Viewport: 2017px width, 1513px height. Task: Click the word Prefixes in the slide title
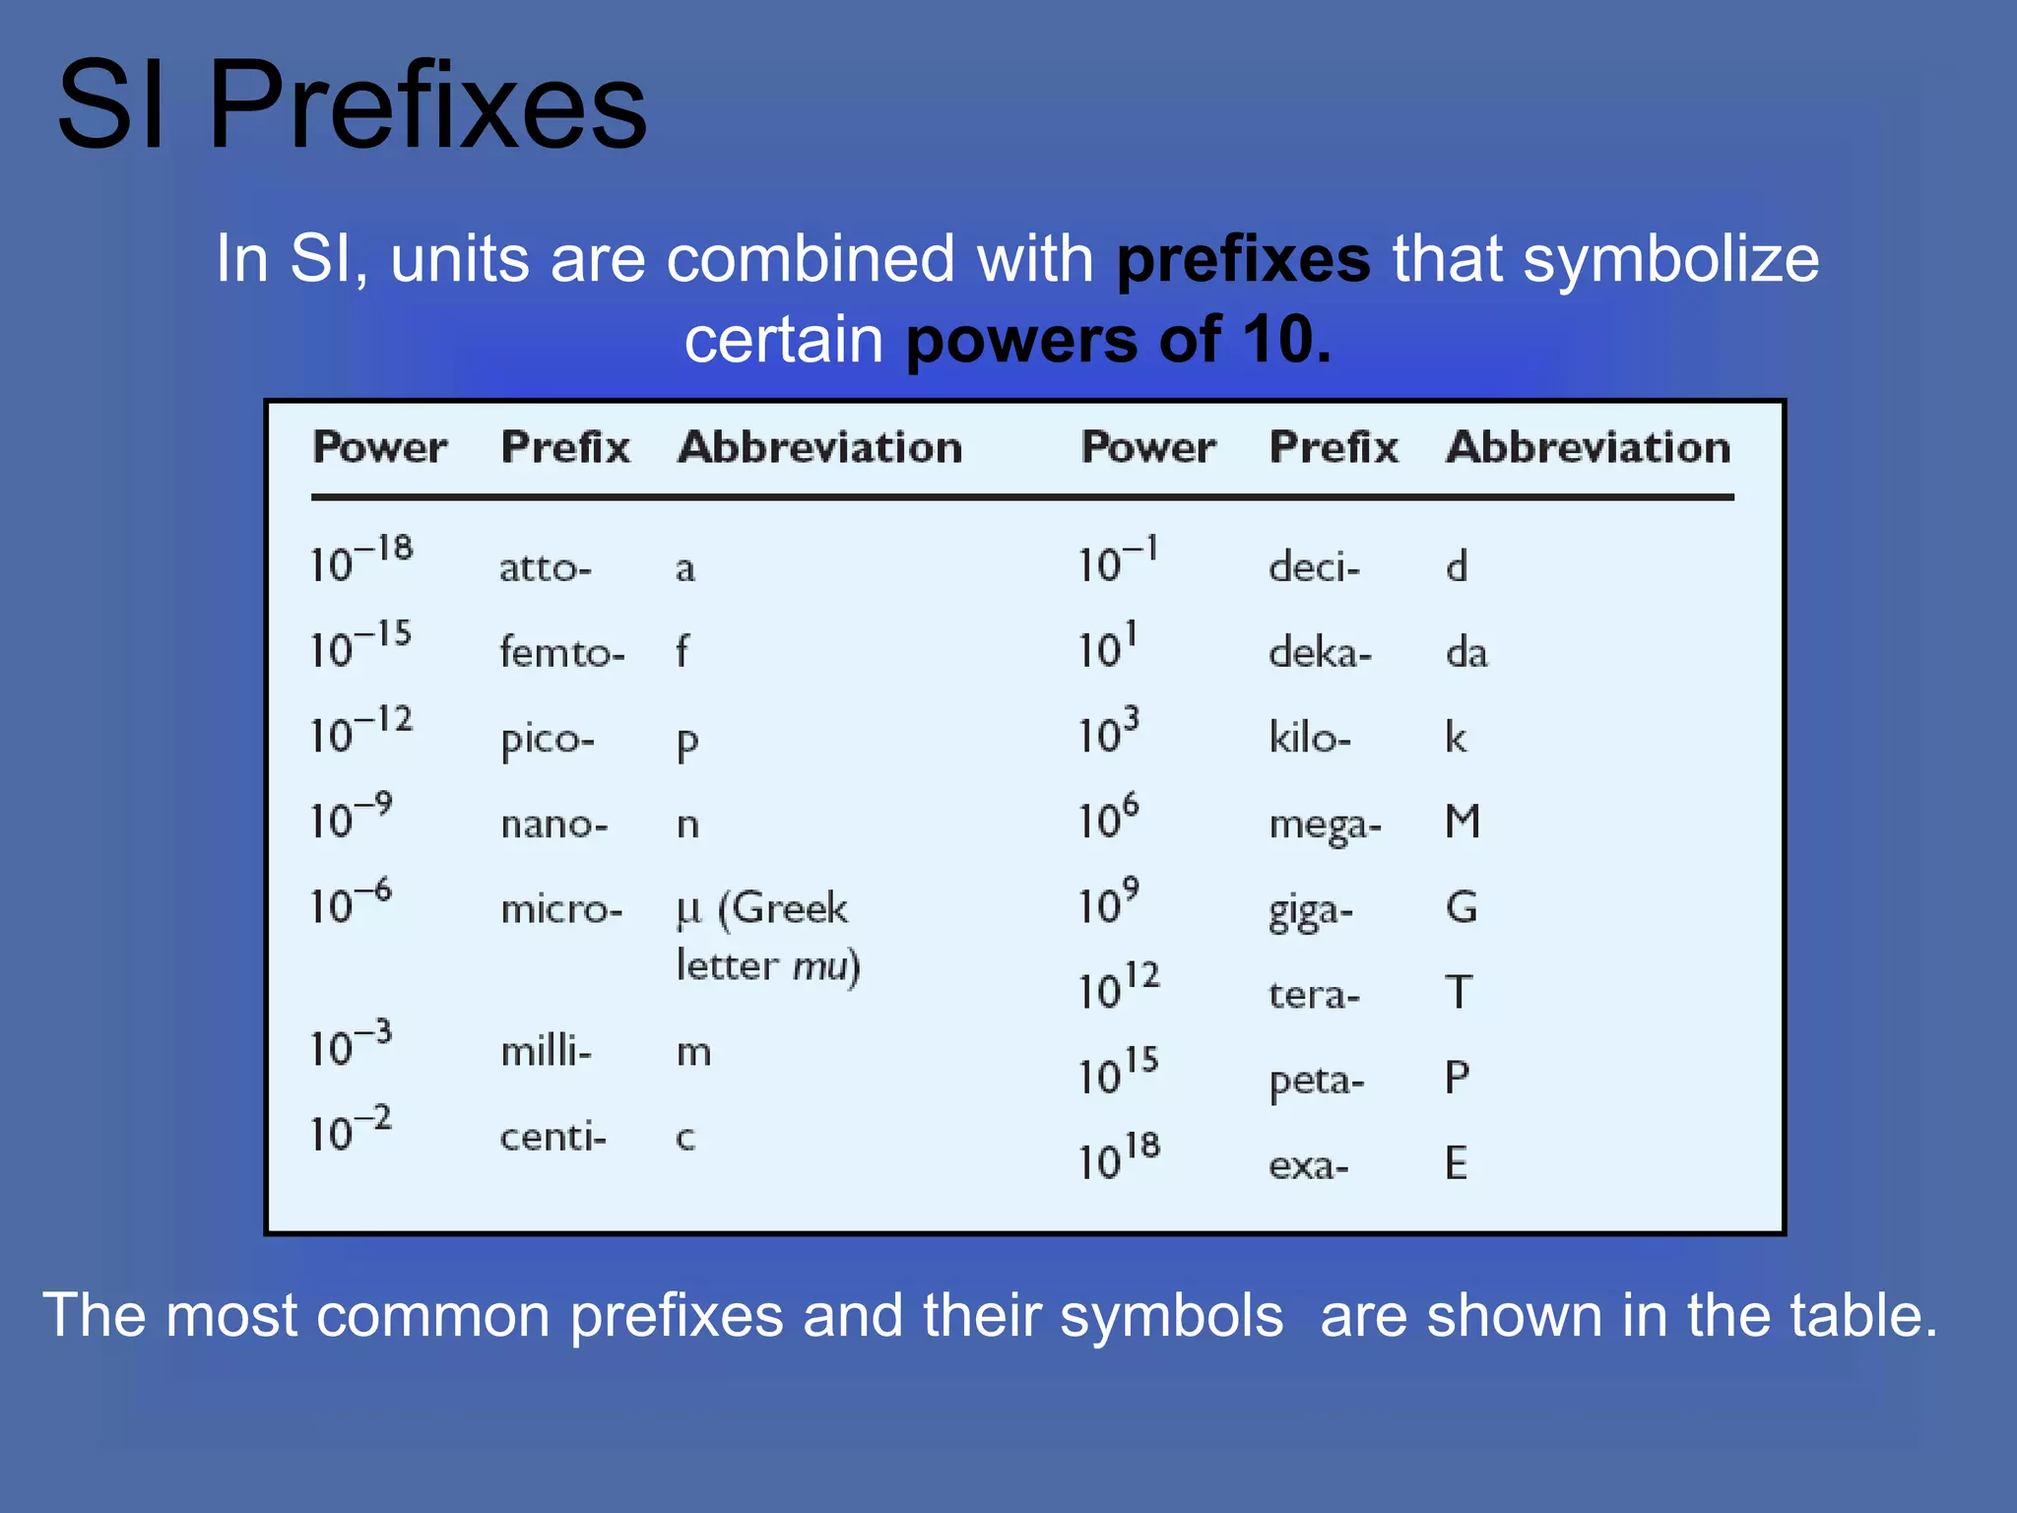pyautogui.click(x=427, y=106)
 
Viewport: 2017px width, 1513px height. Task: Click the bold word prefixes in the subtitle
pyautogui.click(x=1243, y=260)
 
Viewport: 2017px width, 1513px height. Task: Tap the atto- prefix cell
pyautogui.click(x=545, y=568)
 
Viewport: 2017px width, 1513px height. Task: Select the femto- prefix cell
pyautogui.click(x=561, y=653)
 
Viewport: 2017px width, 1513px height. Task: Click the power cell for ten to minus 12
pyautogui.click(x=360, y=730)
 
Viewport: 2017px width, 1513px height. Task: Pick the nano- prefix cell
pyautogui.click(x=553, y=823)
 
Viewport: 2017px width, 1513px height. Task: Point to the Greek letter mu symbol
pyautogui.click(x=688, y=910)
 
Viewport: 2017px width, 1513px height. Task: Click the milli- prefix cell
pyautogui.click(x=546, y=1052)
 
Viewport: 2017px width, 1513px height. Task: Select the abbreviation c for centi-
pyautogui.click(x=685, y=1138)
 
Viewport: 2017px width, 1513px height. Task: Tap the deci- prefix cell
pyautogui.click(x=1314, y=567)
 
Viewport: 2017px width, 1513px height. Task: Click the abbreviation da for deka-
pyautogui.click(x=1465, y=652)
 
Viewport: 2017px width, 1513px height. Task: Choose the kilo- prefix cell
pyautogui.click(x=1309, y=737)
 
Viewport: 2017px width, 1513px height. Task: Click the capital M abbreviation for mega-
pyautogui.click(x=1463, y=822)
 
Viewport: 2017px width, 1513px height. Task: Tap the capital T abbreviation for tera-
pyautogui.click(x=1459, y=992)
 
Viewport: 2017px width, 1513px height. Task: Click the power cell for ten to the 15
pyautogui.click(x=1118, y=1072)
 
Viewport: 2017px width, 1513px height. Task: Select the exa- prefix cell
pyautogui.click(x=1308, y=1166)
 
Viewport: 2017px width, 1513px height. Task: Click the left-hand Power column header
pyautogui.click(x=379, y=448)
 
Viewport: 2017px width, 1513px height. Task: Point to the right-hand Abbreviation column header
pyautogui.click(x=1588, y=448)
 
